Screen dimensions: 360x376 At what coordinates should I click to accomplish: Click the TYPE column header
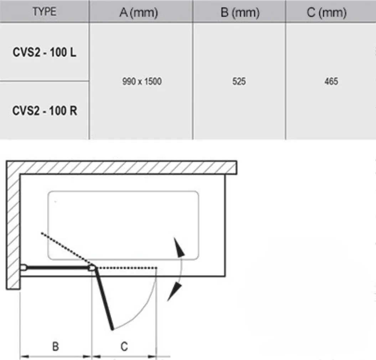tap(44, 11)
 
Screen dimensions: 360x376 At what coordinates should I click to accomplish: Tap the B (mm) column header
tap(239, 13)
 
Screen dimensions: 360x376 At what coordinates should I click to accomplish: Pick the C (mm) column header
tap(331, 13)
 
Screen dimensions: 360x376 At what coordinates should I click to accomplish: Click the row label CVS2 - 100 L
tap(44, 52)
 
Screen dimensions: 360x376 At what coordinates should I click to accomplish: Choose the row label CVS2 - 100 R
tap(44, 110)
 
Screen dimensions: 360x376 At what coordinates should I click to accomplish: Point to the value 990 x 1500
tap(141, 82)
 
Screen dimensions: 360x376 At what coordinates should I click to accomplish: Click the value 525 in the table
tap(239, 82)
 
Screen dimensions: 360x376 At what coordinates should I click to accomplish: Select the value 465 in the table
tap(331, 82)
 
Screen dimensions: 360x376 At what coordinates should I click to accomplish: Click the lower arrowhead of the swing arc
tap(174, 292)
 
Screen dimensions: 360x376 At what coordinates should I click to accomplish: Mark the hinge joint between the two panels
tap(93, 267)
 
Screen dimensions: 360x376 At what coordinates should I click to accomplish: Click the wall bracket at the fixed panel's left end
tap(24, 267)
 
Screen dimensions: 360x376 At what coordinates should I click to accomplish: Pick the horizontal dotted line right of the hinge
tap(127, 267)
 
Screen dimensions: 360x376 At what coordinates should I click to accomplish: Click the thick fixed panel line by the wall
tap(57, 267)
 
